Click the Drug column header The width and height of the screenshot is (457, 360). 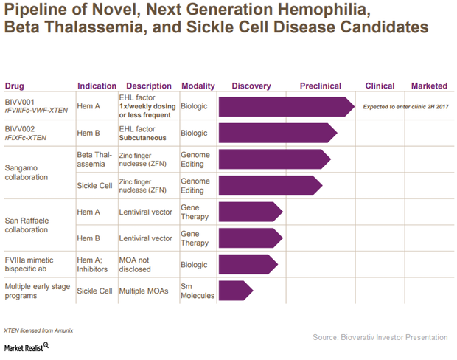click(15, 86)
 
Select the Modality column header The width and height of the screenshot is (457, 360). click(198, 86)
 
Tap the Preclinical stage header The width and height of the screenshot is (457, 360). click(320, 86)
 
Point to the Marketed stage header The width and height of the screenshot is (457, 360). click(428, 86)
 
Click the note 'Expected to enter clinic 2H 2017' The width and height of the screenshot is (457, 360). click(405, 107)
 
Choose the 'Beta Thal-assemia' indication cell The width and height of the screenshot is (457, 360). click(94, 159)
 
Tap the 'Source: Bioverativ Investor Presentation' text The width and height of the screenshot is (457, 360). click(380, 337)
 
